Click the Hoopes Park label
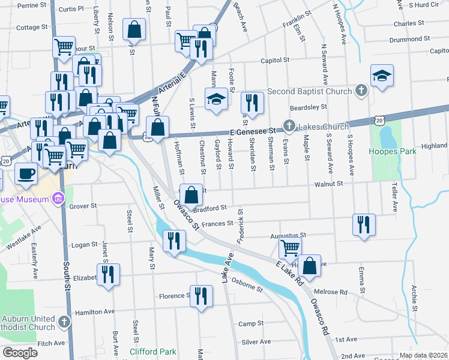pos(393,152)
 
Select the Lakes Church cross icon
pos(289,127)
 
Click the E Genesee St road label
pos(252,131)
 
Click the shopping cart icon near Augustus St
pos(291,247)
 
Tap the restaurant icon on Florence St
pos(201,295)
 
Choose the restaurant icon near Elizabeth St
pos(108,274)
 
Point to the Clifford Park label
pos(153,352)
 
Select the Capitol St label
pos(275,61)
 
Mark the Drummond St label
pos(405,39)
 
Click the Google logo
pos(20,353)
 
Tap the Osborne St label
pos(247,285)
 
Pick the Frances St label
pos(217,224)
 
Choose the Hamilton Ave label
pos(94,312)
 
